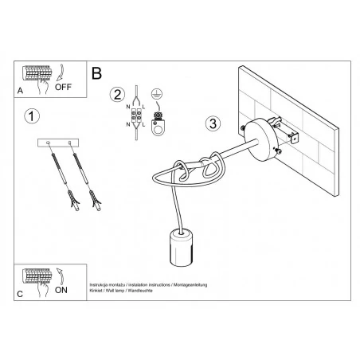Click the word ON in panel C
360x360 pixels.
point(61,291)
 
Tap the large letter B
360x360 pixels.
point(97,73)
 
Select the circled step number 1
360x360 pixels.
point(31,117)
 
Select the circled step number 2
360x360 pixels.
point(118,95)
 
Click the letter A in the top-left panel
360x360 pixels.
point(21,91)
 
